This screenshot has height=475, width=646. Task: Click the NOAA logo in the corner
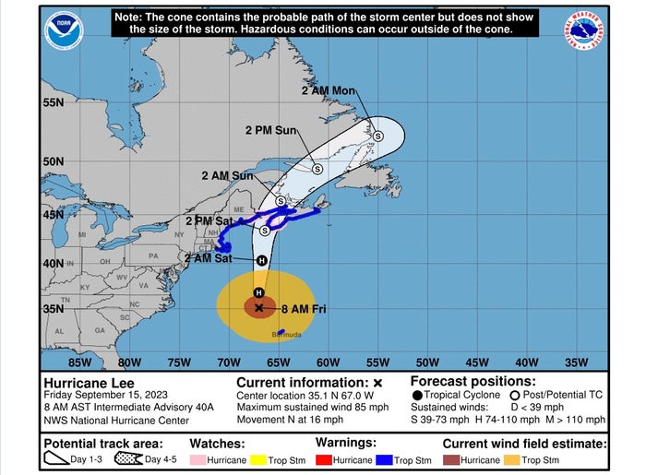pos(65,31)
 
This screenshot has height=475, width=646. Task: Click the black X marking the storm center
pos(259,308)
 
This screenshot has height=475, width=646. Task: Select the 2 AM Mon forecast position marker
pos(377,136)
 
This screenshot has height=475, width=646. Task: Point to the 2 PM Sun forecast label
pos(270,131)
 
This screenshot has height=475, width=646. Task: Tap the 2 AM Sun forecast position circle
pos(281,201)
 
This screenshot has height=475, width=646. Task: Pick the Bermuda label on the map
pos(286,335)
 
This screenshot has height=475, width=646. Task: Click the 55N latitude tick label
pos(53,101)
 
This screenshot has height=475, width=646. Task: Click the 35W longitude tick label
pos(576,362)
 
